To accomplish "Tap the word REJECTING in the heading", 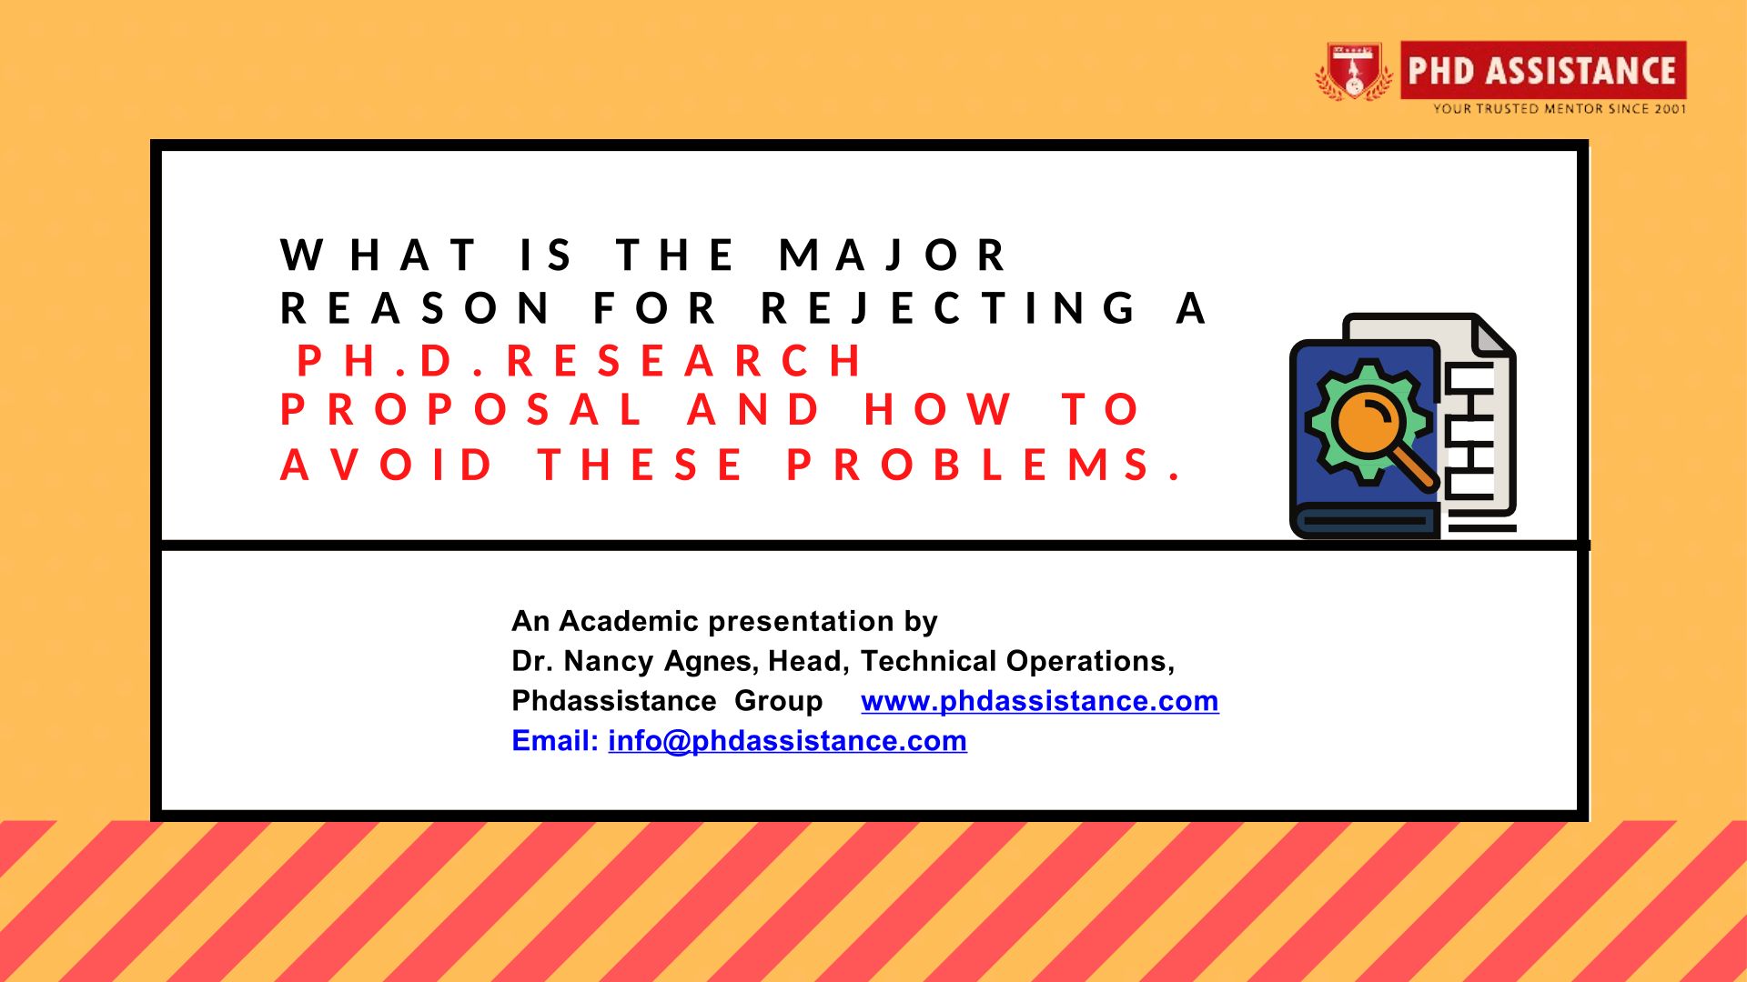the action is click(948, 308).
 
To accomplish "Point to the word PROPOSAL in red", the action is click(461, 409).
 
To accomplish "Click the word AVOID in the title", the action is click(386, 465).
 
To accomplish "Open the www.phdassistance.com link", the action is click(1040, 701).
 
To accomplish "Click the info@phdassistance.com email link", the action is click(787, 741).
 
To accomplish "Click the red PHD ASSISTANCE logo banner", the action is click(1543, 70).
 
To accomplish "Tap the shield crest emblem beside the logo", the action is click(1354, 71).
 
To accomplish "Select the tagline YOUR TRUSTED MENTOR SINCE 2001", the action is click(1560, 109).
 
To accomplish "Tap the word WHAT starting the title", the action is click(379, 255).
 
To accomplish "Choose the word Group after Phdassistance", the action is click(779, 702).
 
